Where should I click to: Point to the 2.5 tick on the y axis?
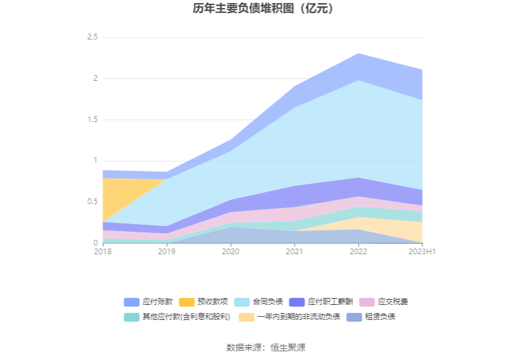[92, 38]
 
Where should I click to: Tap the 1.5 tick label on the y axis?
[92, 120]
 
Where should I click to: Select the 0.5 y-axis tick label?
[92, 202]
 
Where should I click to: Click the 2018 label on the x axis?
[103, 252]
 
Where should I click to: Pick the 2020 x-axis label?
[230, 252]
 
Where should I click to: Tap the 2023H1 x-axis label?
[422, 252]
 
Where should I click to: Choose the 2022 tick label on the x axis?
[358, 252]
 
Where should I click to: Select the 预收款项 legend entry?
[204, 302]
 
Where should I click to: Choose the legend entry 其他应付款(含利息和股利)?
[178, 317]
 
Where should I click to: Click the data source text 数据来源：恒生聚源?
[266, 347]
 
